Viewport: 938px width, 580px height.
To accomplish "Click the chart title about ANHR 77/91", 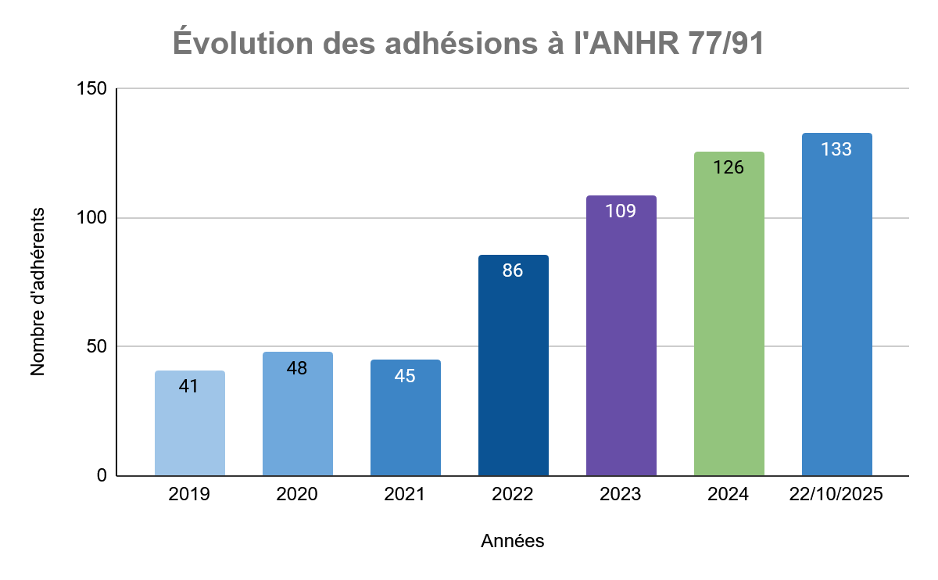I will pos(467,44).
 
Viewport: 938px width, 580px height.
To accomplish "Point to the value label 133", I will pos(836,149).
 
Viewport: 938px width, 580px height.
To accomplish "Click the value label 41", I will pos(188,385).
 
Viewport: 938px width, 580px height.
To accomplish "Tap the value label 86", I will pos(513,270).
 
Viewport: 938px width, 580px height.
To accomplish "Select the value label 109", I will pos(621,211).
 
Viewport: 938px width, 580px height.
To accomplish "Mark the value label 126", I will pos(729,167).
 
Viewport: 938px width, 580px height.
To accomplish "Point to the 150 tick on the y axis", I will pos(91,89).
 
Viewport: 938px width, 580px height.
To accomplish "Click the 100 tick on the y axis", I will pos(91,218).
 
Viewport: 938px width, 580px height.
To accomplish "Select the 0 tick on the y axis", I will pos(101,475).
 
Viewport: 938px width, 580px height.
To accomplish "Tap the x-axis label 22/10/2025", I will pos(836,495).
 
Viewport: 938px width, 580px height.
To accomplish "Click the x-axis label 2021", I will pos(405,495).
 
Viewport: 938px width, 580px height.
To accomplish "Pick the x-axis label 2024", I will pos(729,495).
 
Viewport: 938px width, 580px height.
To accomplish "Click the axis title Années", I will pos(512,541).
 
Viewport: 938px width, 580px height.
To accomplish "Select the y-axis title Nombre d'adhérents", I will pos(38,291).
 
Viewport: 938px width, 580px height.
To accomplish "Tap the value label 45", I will pos(405,376).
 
